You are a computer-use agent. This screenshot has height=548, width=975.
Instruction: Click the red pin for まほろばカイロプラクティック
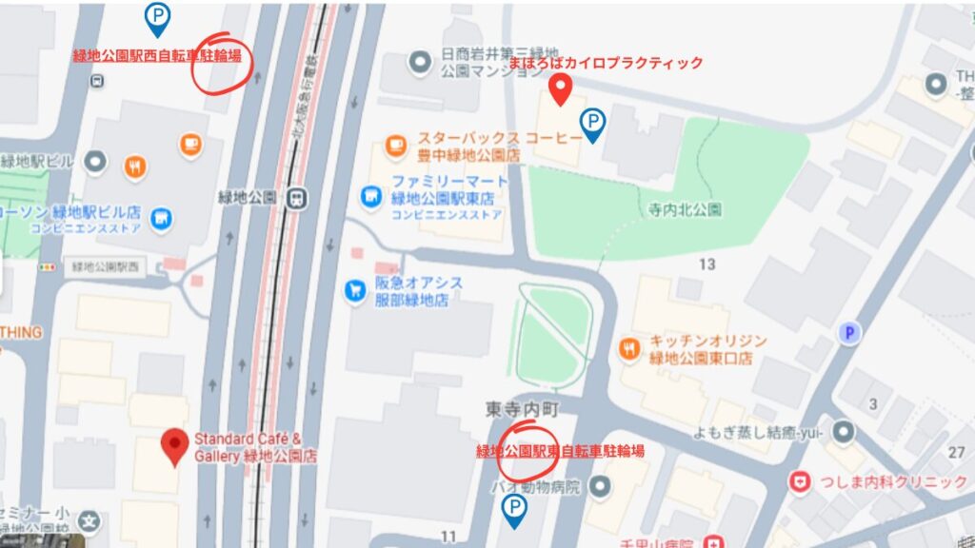pyautogui.click(x=562, y=88)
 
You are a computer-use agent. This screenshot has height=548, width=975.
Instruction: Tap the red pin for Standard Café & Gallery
pyautogui.click(x=173, y=446)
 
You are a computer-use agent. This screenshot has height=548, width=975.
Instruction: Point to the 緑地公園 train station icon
pyautogui.click(x=299, y=197)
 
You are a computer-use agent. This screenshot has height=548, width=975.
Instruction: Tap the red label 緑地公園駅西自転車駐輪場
pyautogui.click(x=157, y=56)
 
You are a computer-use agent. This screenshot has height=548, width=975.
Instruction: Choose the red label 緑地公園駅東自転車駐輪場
pyautogui.click(x=560, y=451)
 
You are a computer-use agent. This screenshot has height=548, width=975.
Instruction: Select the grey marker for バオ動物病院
pyautogui.click(x=601, y=488)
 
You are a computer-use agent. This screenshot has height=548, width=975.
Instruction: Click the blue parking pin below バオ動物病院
pyautogui.click(x=514, y=509)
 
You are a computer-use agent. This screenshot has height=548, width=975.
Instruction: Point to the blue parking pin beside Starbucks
pyautogui.click(x=593, y=123)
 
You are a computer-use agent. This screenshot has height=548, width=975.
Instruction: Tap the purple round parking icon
pyautogui.click(x=847, y=332)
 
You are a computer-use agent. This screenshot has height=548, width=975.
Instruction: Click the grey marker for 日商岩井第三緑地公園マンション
pyautogui.click(x=419, y=64)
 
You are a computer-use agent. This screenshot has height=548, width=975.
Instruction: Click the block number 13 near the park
pyautogui.click(x=706, y=264)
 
